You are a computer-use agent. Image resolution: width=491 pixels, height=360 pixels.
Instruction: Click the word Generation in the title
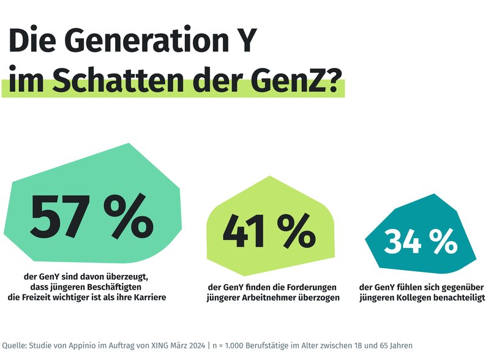coord(139,43)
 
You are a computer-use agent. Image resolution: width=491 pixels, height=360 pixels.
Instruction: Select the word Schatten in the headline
coord(113,80)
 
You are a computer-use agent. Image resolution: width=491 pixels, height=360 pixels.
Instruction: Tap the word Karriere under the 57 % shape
coord(147,298)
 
